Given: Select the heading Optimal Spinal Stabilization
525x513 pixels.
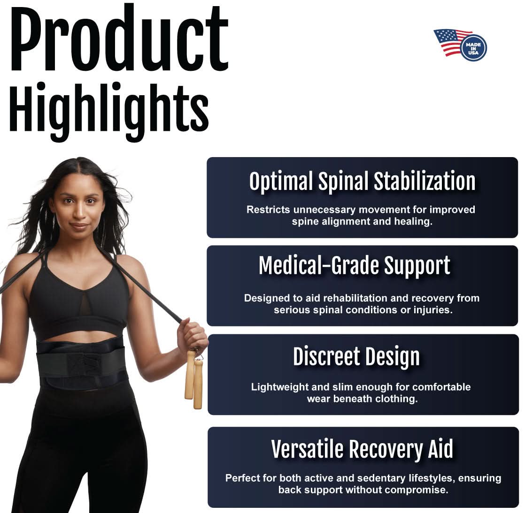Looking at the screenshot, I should [x=362, y=181].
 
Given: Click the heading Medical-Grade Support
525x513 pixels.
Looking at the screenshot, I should [x=355, y=266].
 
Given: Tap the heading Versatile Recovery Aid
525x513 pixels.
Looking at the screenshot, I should [x=362, y=449].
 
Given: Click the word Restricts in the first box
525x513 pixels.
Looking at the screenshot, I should [x=268, y=210].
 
